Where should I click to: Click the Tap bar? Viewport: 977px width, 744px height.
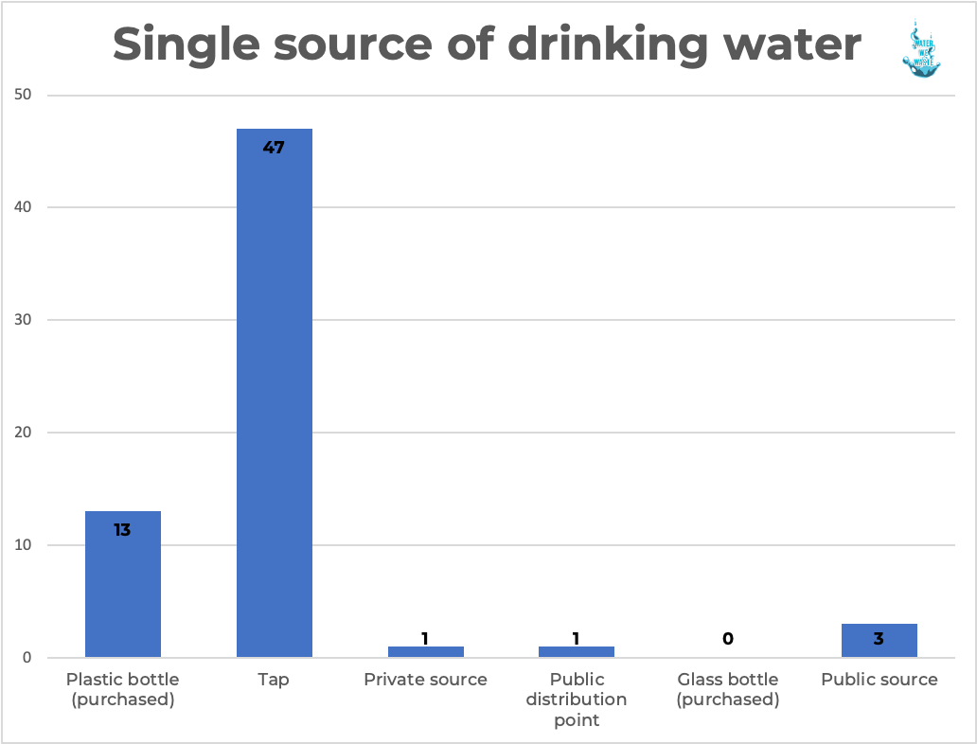coord(274,398)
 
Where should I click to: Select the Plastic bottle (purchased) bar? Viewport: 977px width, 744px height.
coord(123,587)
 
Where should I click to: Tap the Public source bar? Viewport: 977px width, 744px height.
coord(879,642)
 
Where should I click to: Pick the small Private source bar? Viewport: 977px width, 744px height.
coord(425,652)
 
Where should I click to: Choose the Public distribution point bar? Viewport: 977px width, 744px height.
coord(576,652)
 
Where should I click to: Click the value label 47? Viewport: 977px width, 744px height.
coord(274,148)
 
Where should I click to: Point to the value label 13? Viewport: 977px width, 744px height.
coord(123,530)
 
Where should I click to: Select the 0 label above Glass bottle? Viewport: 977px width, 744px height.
coord(727,639)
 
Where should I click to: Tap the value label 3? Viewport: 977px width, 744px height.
coord(879,639)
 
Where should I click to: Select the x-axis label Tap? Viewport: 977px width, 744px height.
coord(274,680)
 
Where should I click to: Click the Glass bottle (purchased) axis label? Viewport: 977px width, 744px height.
coord(727,690)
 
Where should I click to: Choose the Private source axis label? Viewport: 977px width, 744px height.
coord(425,680)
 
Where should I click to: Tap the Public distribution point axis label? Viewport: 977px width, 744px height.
coord(576,700)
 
